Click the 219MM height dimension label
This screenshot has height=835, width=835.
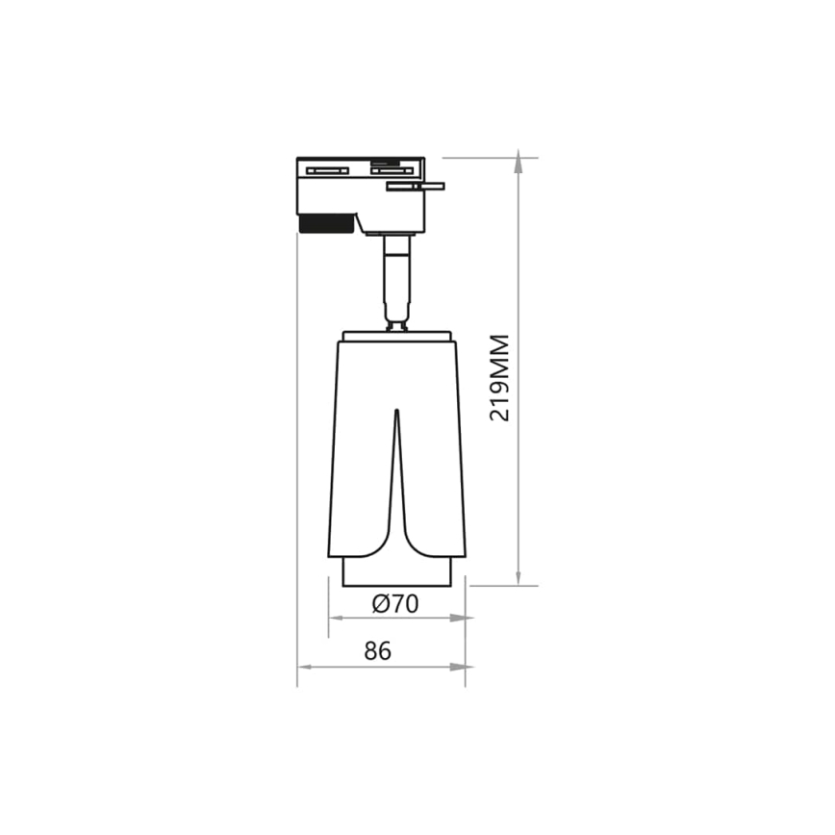click(x=499, y=377)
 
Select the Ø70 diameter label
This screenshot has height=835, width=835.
click(x=394, y=604)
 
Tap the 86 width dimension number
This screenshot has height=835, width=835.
click(x=378, y=651)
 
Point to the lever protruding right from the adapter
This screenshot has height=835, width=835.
click(x=417, y=186)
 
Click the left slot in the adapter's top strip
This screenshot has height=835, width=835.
click(x=326, y=170)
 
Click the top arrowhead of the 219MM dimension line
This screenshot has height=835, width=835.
click(x=519, y=164)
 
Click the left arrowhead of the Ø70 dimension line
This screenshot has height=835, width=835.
click(x=336, y=618)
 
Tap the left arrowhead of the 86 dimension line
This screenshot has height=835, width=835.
click(x=304, y=667)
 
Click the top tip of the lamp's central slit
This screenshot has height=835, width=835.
click(x=396, y=414)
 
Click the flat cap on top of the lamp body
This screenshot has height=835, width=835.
click(x=396, y=334)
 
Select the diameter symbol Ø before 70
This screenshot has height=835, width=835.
click(x=379, y=604)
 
